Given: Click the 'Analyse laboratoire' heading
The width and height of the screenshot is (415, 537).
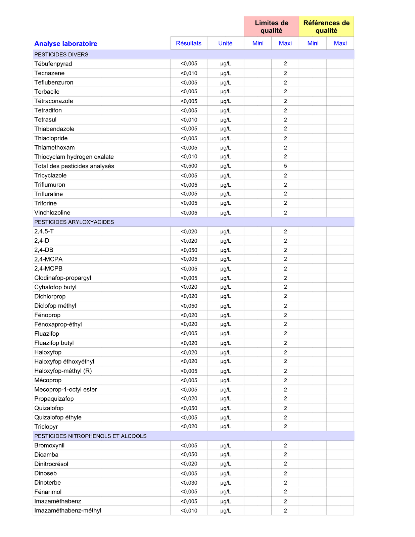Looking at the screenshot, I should tap(66, 44).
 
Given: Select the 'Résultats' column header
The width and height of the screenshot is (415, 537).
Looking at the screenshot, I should tap(189, 43).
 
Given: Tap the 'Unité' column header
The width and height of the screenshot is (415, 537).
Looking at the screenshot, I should tap(225, 43).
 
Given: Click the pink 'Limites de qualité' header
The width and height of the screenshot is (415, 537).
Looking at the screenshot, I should tap(271, 27).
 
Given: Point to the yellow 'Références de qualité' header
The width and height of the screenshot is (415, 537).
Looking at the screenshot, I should tap(326, 27).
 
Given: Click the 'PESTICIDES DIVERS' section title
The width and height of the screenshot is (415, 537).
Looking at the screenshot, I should tap(61, 54).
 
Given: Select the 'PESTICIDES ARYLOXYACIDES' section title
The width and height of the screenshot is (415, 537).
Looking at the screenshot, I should tap(74, 222).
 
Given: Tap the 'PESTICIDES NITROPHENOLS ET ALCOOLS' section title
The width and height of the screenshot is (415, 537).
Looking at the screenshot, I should tap(90, 436).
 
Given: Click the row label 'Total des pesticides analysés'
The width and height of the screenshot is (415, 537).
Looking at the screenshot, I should tap(74, 166).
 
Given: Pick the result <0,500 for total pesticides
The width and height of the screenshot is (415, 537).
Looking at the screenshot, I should tap(189, 166).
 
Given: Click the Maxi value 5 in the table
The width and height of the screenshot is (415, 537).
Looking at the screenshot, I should tap(285, 166).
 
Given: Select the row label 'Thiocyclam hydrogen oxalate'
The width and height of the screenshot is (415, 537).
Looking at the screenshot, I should tap(74, 157).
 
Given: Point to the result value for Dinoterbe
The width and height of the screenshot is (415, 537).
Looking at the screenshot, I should tap(189, 483).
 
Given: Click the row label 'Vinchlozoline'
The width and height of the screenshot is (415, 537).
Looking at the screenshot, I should tap(52, 212).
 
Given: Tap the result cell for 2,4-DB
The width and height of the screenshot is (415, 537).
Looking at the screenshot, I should tap(189, 250).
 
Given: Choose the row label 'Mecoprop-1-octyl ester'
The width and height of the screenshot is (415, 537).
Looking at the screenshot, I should tap(65, 389).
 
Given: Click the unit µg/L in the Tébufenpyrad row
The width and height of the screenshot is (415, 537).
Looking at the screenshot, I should tap(226, 63).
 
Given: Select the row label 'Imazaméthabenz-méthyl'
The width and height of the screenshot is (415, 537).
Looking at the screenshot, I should tap(67, 510).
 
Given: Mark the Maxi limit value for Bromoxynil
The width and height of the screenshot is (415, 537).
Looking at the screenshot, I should tap(285, 445).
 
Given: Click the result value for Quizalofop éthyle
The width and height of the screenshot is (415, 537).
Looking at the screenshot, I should tap(189, 418).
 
